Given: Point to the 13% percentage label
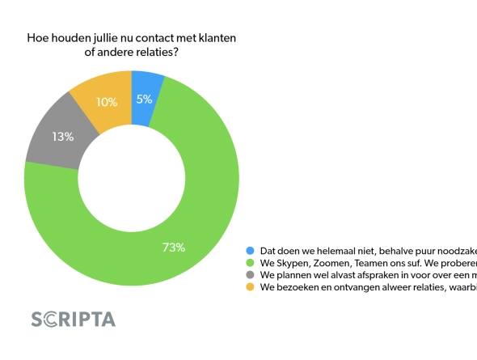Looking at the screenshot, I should pos(64,137).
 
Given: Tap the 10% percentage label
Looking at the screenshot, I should pos(106,102).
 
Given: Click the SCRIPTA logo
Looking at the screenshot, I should pos(73,319).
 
